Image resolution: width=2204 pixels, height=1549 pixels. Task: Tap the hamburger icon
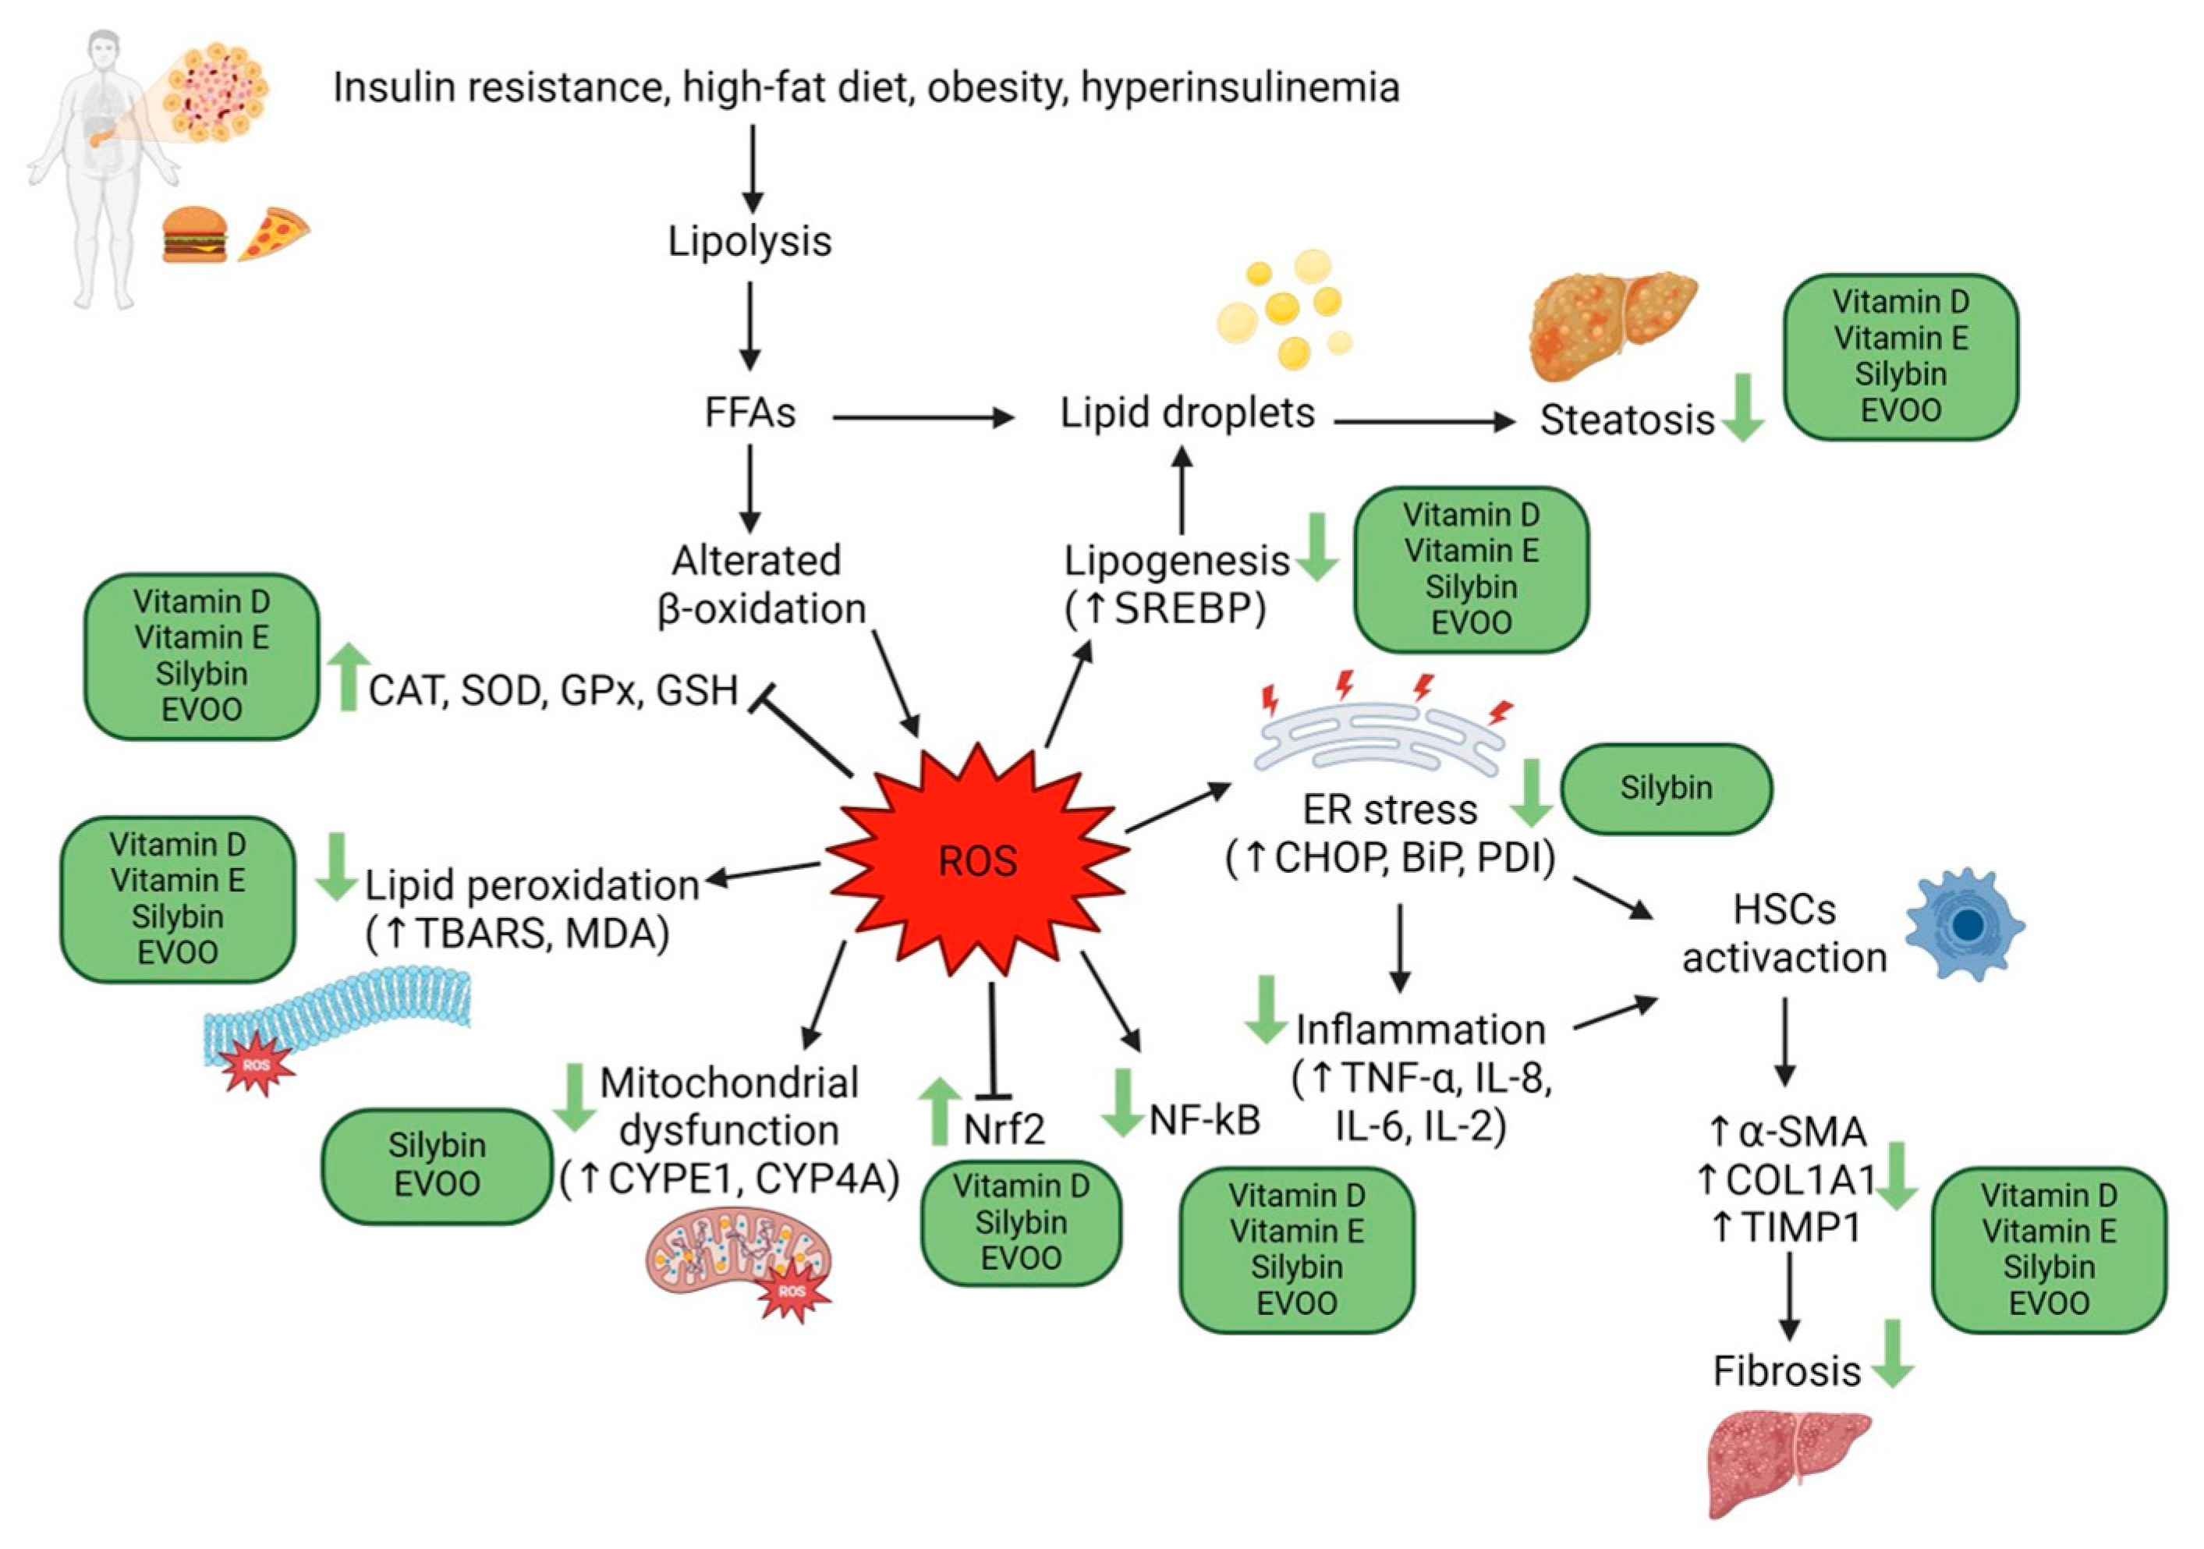pyautogui.click(x=195, y=234)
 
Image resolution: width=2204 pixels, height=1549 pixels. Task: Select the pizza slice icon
pyautogui.click(x=273, y=233)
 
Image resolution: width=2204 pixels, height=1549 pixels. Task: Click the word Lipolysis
pyautogui.click(x=749, y=241)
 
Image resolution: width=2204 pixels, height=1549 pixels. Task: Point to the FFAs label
pyautogui.click(x=749, y=413)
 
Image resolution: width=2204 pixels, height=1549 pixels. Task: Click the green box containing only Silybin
pyautogui.click(x=1666, y=788)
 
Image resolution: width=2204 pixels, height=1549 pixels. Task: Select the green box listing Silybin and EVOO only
pyautogui.click(x=437, y=1165)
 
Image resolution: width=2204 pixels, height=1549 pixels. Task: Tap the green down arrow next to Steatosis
pyautogui.click(x=1742, y=408)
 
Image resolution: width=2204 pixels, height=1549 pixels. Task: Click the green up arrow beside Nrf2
pyautogui.click(x=940, y=1111)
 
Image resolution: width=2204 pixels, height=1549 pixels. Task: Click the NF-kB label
pyautogui.click(x=1205, y=1119)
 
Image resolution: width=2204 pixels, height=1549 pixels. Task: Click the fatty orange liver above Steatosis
pyautogui.click(x=1610, y=324)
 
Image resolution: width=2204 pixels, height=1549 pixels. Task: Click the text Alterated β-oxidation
pyautogui.click(x=760, y=584)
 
